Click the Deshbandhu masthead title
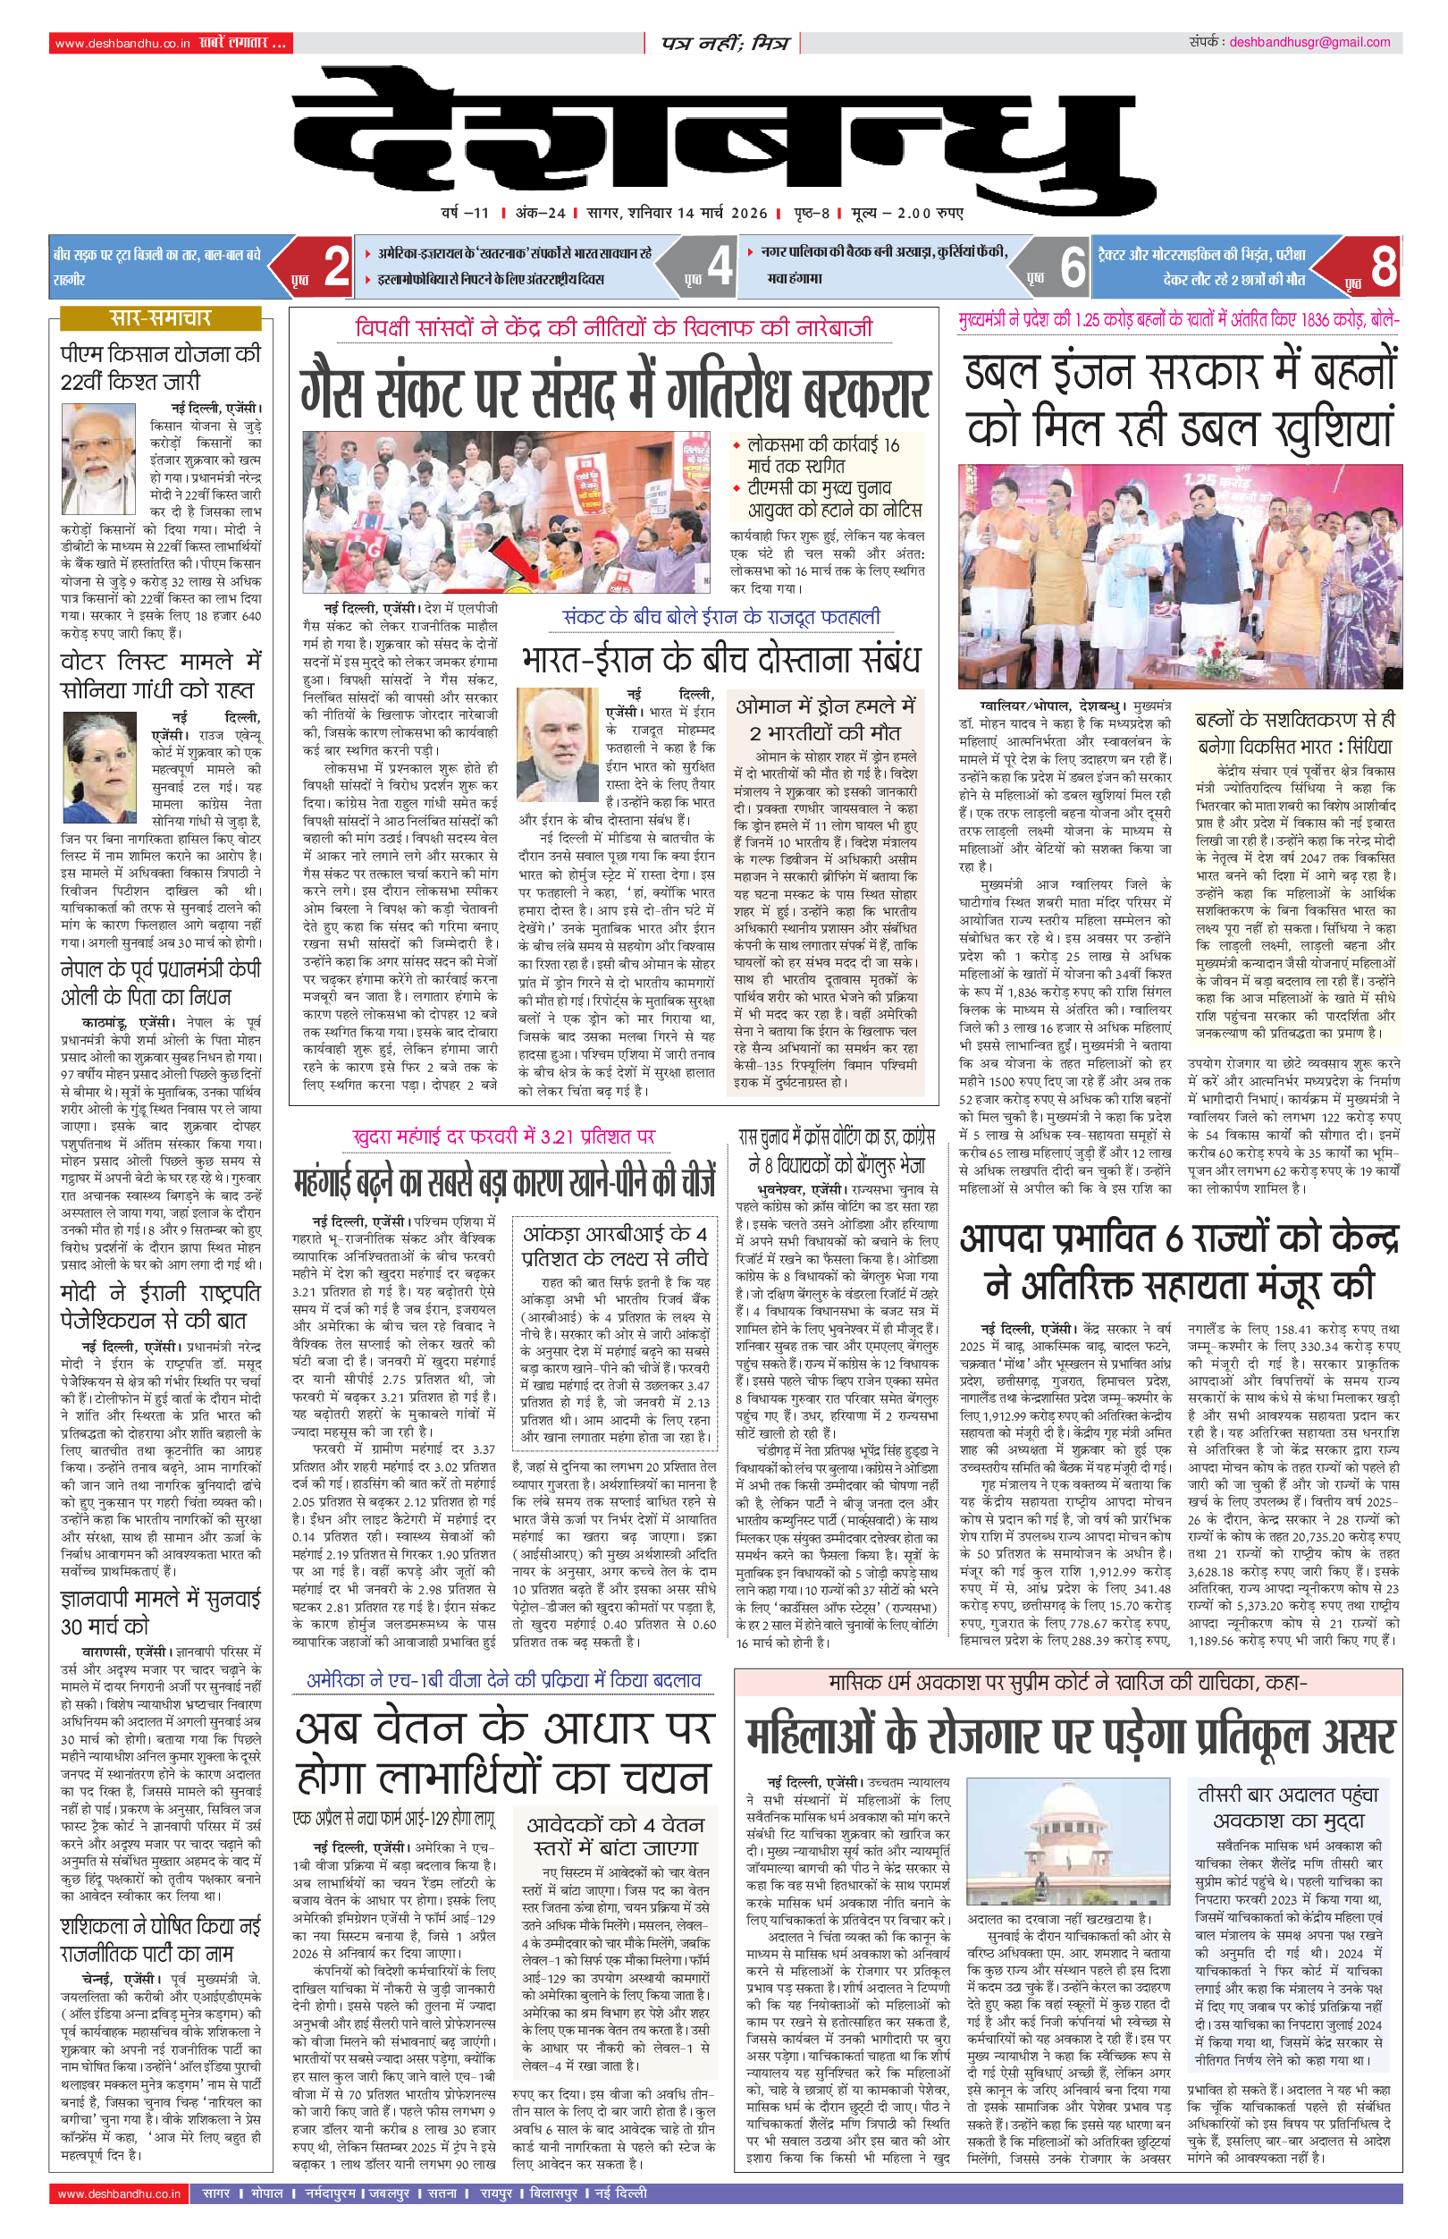pos(724,141)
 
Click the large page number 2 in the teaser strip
pos(336,266)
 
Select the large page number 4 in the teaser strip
pos(720,266)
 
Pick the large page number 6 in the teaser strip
pos(1072,266)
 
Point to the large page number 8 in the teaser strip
pos(1382,266)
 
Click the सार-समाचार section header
pos(160,317)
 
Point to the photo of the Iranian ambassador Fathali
pos(559,744)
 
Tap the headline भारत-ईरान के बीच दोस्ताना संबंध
pos(720,660)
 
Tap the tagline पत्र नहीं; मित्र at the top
pos(724,43)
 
